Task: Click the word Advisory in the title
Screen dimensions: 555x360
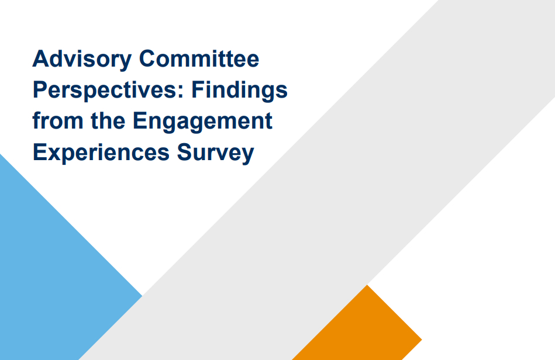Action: click(82, 60)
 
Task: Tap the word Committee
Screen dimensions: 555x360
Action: click(199, 58)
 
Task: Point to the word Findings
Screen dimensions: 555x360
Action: click(240, 91)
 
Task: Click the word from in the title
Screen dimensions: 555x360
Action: click(58, 120)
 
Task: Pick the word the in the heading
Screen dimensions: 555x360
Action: click(108, 120)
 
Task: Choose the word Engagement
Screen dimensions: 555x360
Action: click(202, 122)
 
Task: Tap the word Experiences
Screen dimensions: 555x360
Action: click(101, 153)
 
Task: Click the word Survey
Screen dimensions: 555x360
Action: click(216, 153)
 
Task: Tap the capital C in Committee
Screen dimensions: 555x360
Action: click(147, 58)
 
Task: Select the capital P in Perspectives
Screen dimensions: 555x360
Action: click(40, 90)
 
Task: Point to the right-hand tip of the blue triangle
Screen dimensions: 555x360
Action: click(142, 296)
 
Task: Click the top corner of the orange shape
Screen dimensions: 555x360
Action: click(367, 285)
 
